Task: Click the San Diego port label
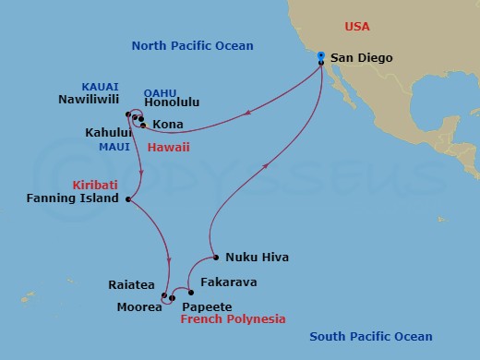[x=362, y=58]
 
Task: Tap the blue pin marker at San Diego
[x=320, y=56]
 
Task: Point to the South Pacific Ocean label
[x=371, y=336]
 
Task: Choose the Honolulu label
[x=173, y=103]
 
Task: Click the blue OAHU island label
[x=159, y=90]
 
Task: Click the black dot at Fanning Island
[x=127, y=198]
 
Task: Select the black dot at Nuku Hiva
[x=214, y=257]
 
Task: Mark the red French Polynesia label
[x=233, y=318]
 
